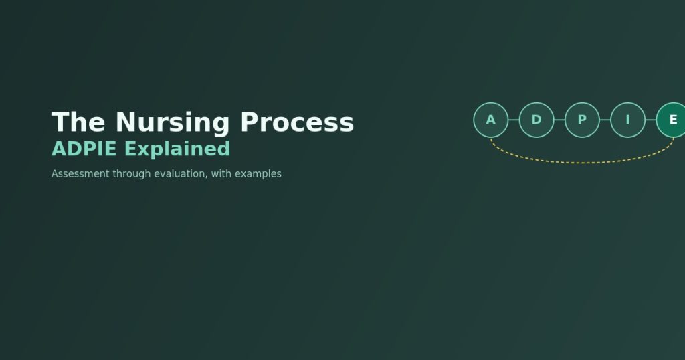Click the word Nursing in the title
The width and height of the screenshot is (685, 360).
[x=173, y=122]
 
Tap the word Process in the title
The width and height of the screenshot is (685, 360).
[x=297, y=122]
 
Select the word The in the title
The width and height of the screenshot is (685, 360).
[x=78, y=122]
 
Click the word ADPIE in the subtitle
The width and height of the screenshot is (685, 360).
[x=84, y=149]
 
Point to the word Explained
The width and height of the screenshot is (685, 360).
[x=177, y=149]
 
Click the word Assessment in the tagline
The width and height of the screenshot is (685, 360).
[x=80, y=173]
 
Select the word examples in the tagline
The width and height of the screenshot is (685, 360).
[x=258, y=174]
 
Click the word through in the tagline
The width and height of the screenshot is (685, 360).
[x=132, y=174]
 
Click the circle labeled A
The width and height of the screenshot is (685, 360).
[x=491, y=120]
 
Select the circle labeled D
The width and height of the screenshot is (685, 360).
[x=536, y=120]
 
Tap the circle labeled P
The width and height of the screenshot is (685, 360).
[x=583, y=120]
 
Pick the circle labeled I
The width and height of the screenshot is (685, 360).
[x=627, y=120]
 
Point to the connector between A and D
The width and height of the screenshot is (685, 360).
[x=514, y=120]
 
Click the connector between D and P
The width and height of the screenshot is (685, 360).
[x=559, y=120]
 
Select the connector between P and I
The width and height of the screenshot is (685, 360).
[x=605, y=120]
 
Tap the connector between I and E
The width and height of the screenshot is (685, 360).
[x=650, y=120]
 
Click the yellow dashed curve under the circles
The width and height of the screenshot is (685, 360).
[x=583, y=163]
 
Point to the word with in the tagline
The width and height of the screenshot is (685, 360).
[x=221, y=173]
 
